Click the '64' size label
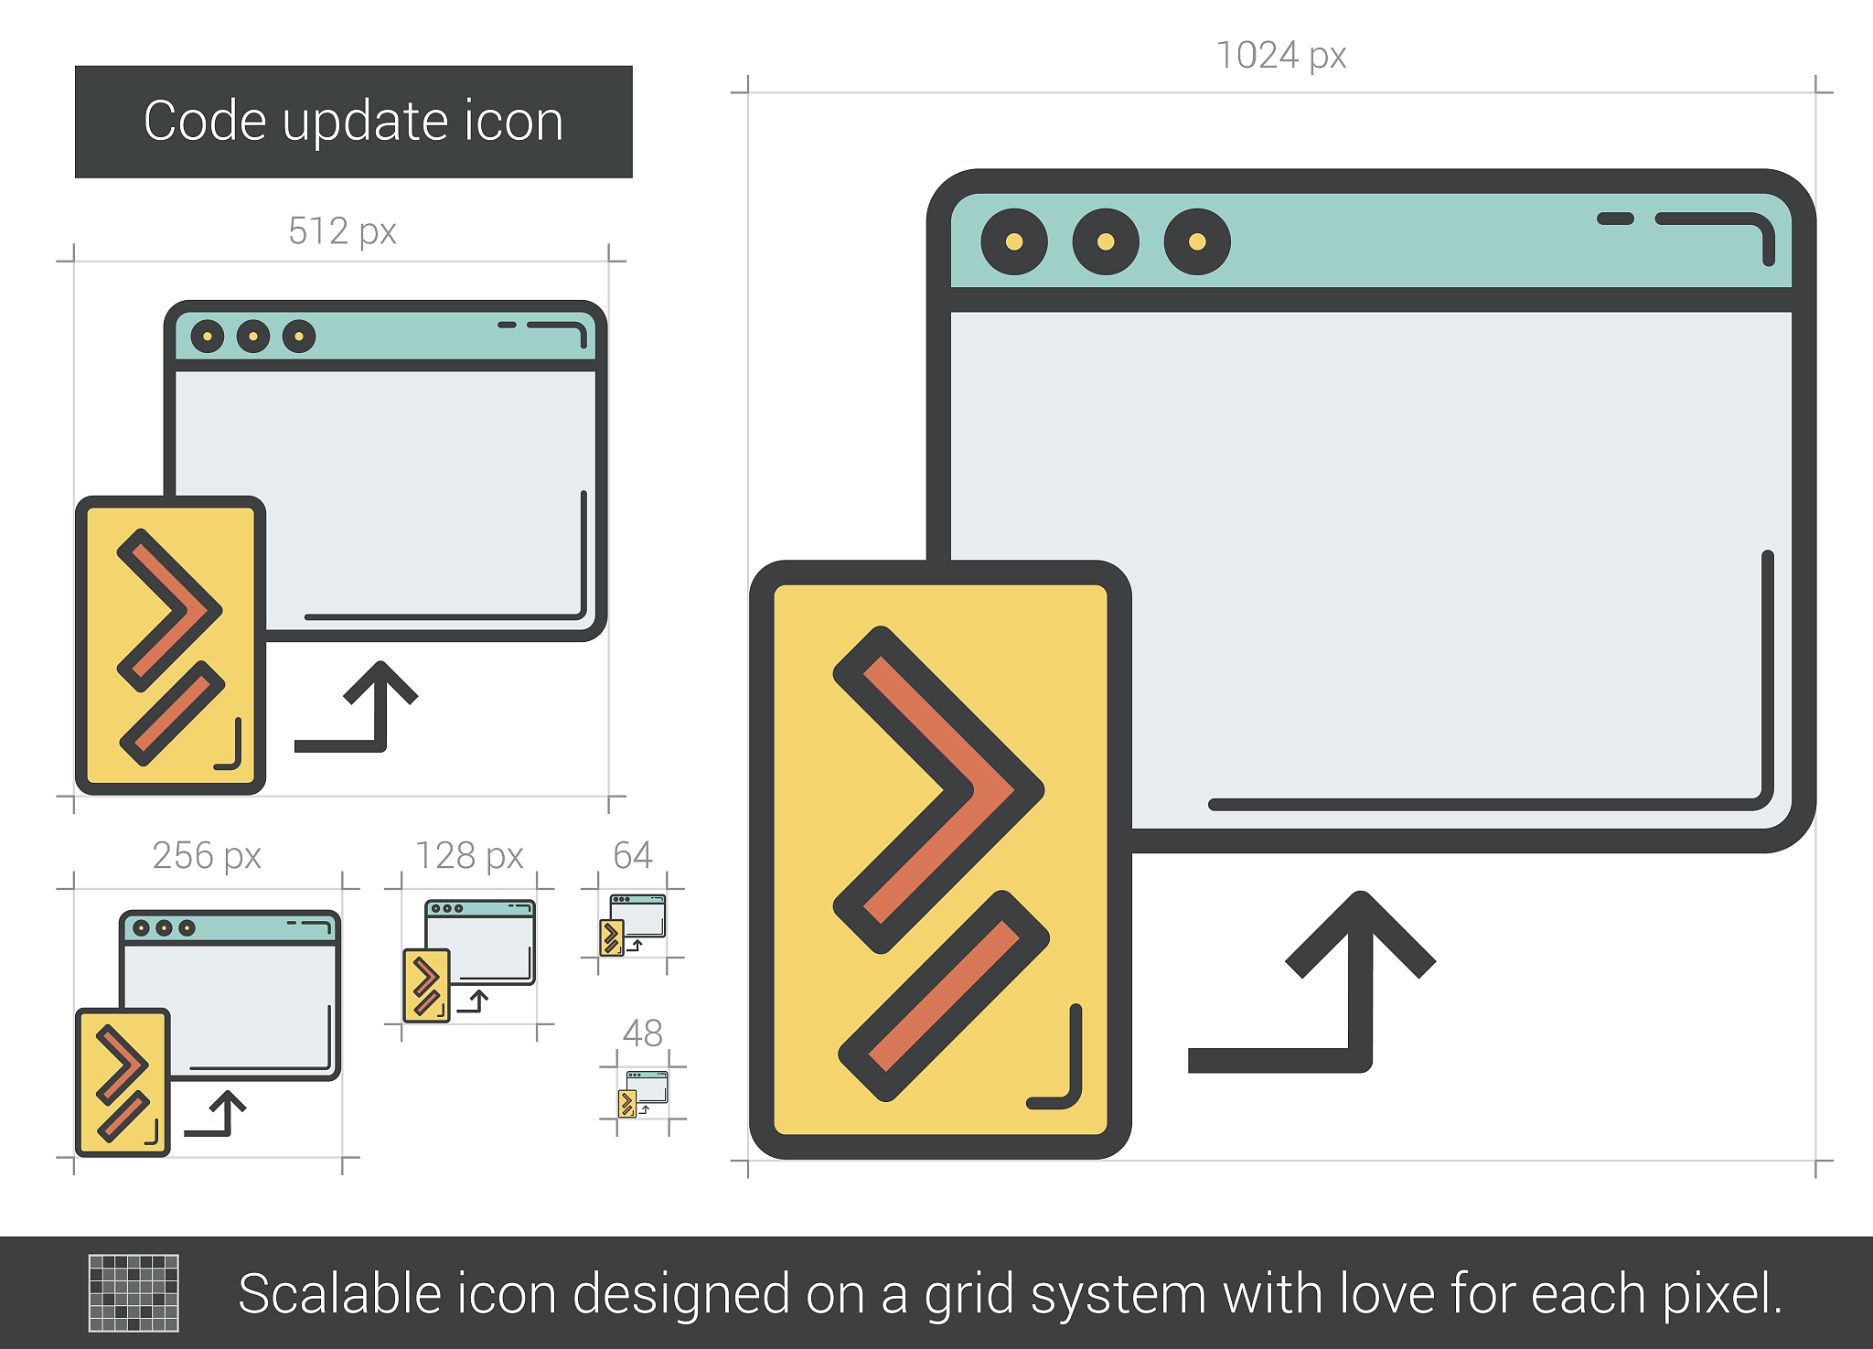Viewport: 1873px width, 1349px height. point(632,855)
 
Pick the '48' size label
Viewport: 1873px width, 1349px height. point(642,1033)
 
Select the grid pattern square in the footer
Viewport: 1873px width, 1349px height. point(134,1293)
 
